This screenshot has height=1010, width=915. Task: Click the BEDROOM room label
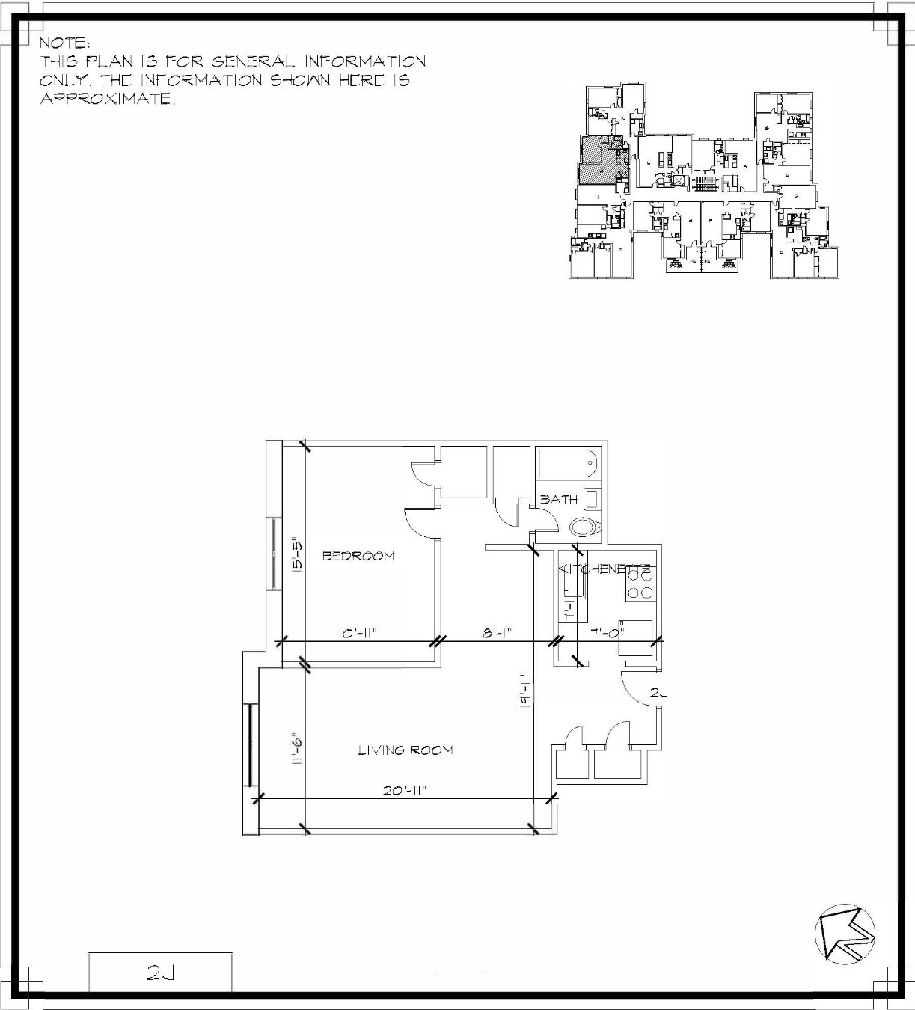pyautogui.click(x=358, y=556)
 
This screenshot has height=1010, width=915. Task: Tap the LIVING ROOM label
pyautogui.click(x=406, y=750)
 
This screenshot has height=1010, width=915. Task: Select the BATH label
pyautogui.click(x=559, y=499)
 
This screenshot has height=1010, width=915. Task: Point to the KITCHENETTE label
pyautogui.click(x=606, y=569)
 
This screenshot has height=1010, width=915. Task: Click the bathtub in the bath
pyautogui.click(x=567, y=465)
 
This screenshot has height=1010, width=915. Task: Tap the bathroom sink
pyautogui.click(x=591, y=499)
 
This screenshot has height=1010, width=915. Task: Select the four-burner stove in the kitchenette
pyautogui.click(x=640, y=584)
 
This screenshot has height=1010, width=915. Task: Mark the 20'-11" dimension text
pyautogui.click(x=405, y=790)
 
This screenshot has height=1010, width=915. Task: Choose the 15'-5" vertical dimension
pyautogui.click(x=296, y=554)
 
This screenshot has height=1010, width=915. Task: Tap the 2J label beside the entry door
pyautogui.click(x=658, y=693)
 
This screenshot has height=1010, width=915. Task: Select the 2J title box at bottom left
pyautogui.click(x=160, y=973)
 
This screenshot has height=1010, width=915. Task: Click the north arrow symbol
pyautogui.click(x=845, y=934)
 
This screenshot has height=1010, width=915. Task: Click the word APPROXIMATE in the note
pyautogui.click(x=107, y=100)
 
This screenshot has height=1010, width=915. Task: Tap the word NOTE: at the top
pyautogui.click(x=65, y=43)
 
